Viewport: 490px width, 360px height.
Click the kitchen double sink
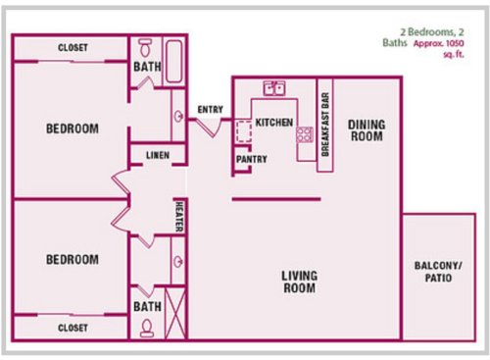(x=274, y=88)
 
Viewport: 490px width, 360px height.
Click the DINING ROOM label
(x=367, y=130)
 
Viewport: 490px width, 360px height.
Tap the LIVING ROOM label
(x=300, y=282)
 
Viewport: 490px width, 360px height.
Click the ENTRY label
(x=210, y=109)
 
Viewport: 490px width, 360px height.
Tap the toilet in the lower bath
(x=146, y=329)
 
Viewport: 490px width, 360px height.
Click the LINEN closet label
(x=158, y=156)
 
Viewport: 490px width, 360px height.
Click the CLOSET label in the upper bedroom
(x=73, y=48)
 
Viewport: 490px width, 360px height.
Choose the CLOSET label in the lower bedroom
(x=73, y=327)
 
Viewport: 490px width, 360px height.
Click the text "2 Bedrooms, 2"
(x=428, y=32)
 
